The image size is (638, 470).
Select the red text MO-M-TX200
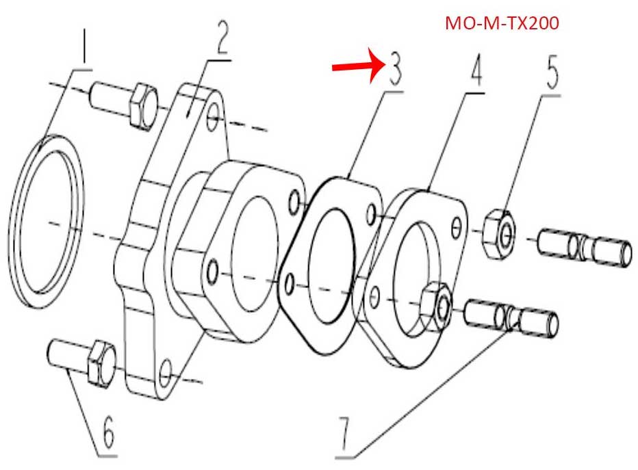[x=502, y=23]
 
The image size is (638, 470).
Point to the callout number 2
[x=222, y=36]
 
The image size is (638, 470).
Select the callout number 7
[x=344, y=434]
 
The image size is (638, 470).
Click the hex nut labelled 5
[x=499, y=233]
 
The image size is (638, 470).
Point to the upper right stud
[x=585, y=248]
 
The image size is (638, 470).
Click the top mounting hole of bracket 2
[x=213, y=118]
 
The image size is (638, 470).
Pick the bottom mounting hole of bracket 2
[x=165, y=374]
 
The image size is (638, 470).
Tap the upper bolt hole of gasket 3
[x=371, y=214]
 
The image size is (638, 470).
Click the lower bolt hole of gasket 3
[x=290, y=284]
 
